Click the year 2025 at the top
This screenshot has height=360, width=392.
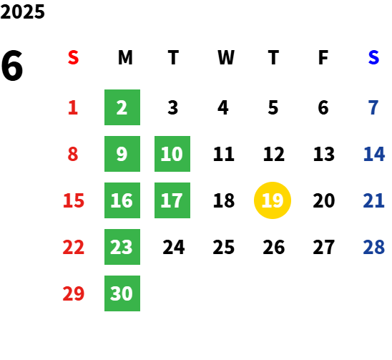click(22, 11)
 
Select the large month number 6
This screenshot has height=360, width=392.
click(12, 66)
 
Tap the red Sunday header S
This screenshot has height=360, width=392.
click(73, 57)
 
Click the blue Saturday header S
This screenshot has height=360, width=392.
click(373, 57)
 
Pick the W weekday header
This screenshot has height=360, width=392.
click(226, 57)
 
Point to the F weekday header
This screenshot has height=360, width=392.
click(323, 57)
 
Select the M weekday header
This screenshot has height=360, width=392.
click(125, 57)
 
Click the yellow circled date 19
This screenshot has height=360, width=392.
click(273, 200)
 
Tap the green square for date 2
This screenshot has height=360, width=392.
click(122, 107)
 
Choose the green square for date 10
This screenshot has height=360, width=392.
click(172, 154)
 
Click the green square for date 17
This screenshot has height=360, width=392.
click(172, 200)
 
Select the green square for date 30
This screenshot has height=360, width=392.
click(122, 293)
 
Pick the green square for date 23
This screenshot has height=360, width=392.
click(122, 247)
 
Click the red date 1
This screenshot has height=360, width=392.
click(73, 107)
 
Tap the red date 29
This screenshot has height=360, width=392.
click(74, 293)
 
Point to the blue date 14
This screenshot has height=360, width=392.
click(374, 154)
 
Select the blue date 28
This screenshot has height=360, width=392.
click(374, 247)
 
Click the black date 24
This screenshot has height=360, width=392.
click(174, 247)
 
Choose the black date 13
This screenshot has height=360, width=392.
click(324, 154)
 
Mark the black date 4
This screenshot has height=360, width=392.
click(223, 107)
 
